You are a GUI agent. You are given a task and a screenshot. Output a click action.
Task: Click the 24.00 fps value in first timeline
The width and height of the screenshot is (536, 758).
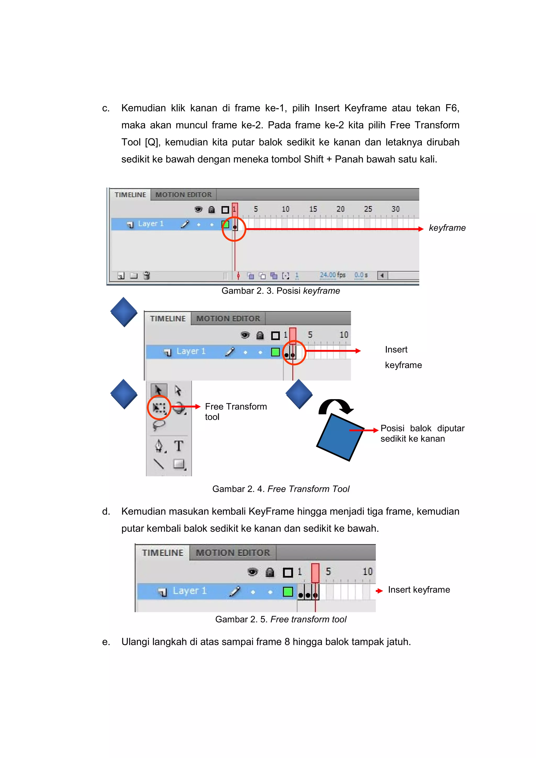click(332, 275)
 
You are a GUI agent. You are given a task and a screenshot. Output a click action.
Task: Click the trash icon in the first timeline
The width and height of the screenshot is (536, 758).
click(147, 275)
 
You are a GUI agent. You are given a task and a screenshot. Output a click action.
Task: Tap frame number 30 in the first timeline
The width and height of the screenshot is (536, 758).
click(395, 209)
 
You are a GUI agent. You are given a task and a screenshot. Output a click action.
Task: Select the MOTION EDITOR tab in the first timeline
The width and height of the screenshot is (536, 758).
click(183, 195)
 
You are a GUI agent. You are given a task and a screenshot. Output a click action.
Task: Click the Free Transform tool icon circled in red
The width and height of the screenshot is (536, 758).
click(159, 408)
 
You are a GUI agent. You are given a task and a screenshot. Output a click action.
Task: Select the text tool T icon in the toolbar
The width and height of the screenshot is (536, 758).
click(179, 446)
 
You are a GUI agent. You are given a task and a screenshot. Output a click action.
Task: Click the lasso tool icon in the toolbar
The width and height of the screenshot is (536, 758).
click(159, 425)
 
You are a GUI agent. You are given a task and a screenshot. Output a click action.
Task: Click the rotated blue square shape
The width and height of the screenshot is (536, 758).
click(340, 437)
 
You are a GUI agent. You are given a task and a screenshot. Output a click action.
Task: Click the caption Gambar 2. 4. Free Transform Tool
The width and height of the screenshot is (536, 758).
click(281, 489)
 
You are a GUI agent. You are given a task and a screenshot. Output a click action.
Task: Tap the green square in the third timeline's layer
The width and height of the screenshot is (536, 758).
click(288, 591)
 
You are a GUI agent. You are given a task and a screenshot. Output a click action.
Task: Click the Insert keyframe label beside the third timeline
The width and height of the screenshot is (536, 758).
click(419, 590)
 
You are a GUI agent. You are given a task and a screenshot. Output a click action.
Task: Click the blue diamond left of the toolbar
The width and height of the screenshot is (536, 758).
click(124, 394)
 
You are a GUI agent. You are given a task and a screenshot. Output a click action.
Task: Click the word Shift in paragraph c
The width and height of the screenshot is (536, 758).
click(314, 159)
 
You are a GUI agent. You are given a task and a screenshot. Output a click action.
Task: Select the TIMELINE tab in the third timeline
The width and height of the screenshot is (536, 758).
click(163, 553)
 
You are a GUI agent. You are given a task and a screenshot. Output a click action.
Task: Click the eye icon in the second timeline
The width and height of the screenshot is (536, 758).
click(245, 335)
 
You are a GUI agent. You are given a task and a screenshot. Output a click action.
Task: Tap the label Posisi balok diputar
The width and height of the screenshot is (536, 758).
click(422, 428)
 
